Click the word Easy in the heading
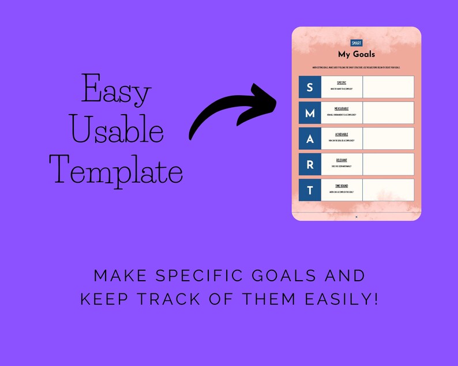(x=116, y=91)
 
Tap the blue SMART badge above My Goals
(x=356, y=43)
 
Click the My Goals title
(x=356, y=54)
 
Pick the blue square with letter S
(x=310, y=87)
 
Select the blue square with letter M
(x=310, y=113)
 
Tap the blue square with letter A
(x=310, y=139)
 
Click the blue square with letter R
(x=310, y=165)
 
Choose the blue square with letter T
(x=310, y=190)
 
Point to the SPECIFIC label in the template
(x=341, y=83)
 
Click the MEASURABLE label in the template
(x=341, y=108)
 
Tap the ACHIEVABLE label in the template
(x=341, y=134)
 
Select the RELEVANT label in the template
(x=341, y=160)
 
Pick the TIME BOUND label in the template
(x=341, y=186)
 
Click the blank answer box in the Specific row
(x=388, y=87)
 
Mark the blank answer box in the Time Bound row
(x=388, y=190)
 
